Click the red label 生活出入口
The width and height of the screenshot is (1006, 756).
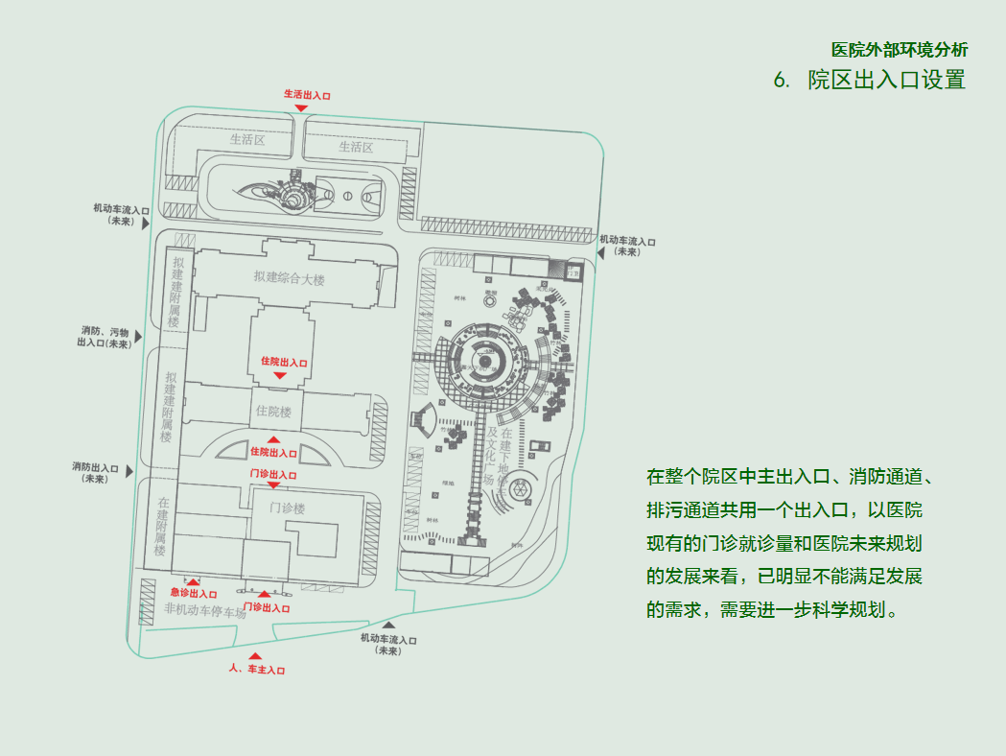pyautogui.click(x=306, y=95)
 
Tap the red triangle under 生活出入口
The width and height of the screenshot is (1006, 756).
pyautogui.click(x=301, y=108)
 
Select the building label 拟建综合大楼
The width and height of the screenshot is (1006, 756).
pyautogui.click(x=290, y=278)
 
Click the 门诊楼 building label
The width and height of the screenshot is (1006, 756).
pyautogui.click(x=287, y=508)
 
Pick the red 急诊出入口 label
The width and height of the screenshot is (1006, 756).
pyautogui.click(x=194, y=594)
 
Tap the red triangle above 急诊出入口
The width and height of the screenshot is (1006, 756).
pyautogui.click(x=194, y=581)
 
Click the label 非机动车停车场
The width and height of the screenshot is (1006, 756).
pyautogui.click(x=205, y=610)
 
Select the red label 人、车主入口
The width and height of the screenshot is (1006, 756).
pyautogui.click(x=256, y=669)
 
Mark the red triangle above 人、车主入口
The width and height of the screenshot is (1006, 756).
pyautogui.click(x=255, y=656)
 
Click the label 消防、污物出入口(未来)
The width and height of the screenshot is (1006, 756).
pyautogui.click(x=105, y=337)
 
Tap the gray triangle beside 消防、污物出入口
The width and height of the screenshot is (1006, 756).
pyautogui.click(x=138, y=337)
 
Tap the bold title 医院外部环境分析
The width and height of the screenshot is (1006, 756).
pyautogui.click(x=899, y=50)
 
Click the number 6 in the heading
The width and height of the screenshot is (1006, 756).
pyautogui.click(x=781, y=81)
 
